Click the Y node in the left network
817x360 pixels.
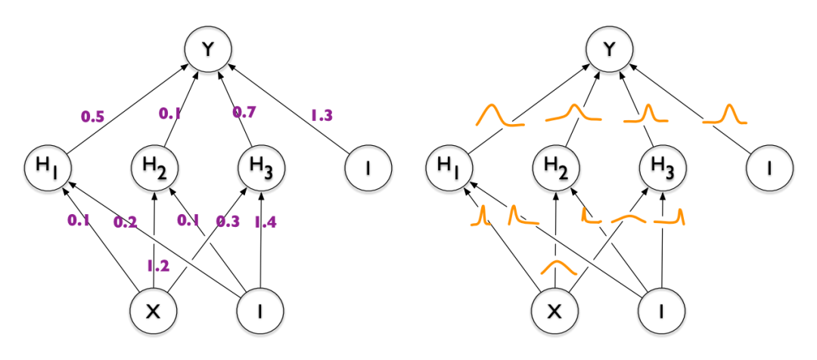pyautogui.click(x=206, y=50)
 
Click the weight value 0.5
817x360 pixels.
pyautogui.click(x=94, y=117)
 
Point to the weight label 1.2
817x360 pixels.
pyautogui.click(x=157, y=265)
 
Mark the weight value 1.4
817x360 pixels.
pyautogui.click(x=265, y=222)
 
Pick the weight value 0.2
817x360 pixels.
pyautogui.click(x=125, y=222)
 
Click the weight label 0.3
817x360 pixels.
pyautogui.click(x=227, y=222)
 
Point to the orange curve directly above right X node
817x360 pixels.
pyautogui.click(x=558, y=267)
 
